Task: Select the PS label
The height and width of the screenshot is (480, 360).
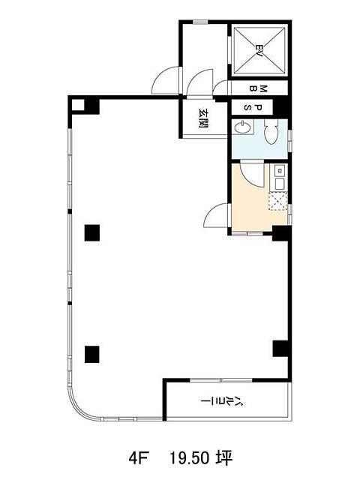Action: pos(253,107)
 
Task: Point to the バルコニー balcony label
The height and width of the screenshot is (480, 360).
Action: pos(223,400)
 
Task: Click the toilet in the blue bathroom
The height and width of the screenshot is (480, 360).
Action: pos(271,132)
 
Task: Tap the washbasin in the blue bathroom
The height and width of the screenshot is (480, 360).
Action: pos(243,127)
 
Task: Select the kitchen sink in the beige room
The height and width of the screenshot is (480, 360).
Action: pos(280,178)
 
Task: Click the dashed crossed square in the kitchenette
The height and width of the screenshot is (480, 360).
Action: pos(277,201)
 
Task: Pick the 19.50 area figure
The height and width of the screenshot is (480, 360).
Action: pos(190,458)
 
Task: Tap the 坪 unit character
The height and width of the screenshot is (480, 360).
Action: pos(225,458)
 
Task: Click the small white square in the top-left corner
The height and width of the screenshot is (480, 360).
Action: pos(78,105)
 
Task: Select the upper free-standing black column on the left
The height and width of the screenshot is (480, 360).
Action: pos(92,232)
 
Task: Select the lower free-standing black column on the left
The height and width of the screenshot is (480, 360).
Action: pos(92,354)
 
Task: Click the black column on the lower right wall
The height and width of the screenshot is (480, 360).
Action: pos(280,348)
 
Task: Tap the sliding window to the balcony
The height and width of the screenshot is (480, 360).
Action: pos(221,380)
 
